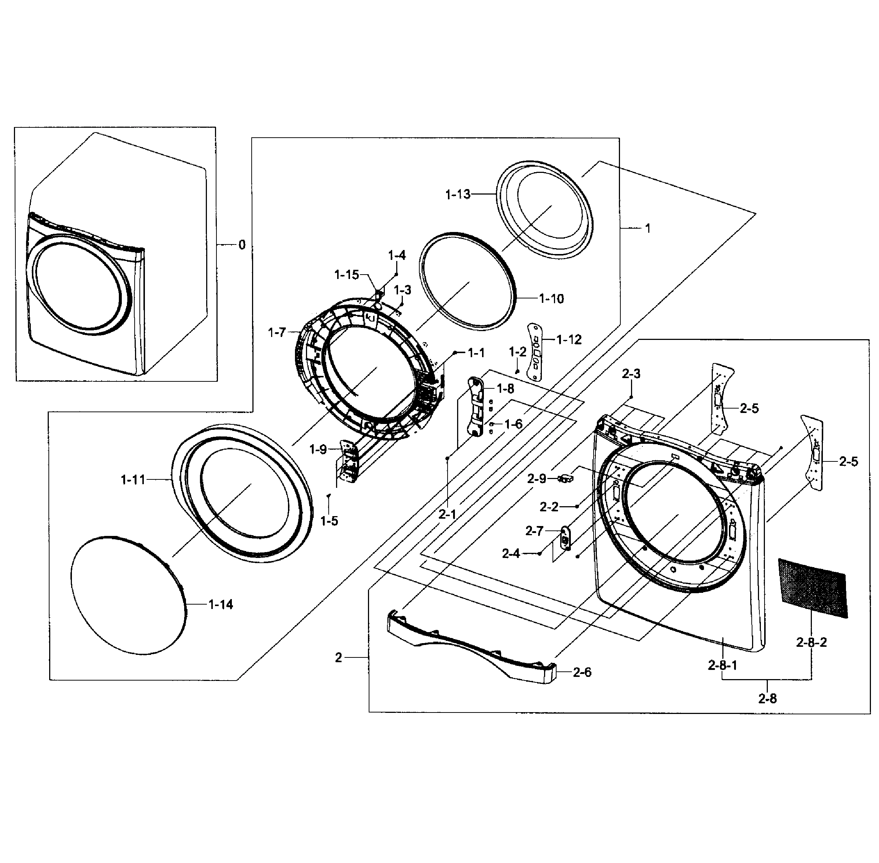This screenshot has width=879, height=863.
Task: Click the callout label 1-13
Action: tap(457, 195)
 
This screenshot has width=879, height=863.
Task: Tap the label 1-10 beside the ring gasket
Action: tap(551, 299)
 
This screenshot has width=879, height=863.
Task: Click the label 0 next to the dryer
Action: tap(242, 245)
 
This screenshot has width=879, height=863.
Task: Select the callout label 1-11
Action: tap(133, 479)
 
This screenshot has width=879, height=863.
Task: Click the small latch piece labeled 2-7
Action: tap(565, 537)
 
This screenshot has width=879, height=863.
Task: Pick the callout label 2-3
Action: tap(631, 374)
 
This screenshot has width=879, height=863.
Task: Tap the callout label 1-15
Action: tap(347, 275)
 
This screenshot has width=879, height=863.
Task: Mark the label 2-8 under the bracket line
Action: tap(767, 699)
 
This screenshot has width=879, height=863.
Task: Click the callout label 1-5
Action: tap(329, 521)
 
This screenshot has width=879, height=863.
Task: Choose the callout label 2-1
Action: tap(447, 514)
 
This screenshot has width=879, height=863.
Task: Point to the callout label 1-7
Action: tap(277, 333)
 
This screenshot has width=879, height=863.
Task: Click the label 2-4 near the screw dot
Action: tap(511, 554)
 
